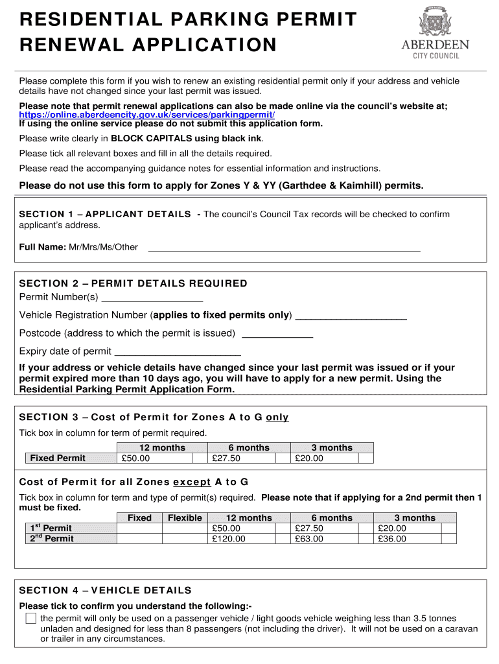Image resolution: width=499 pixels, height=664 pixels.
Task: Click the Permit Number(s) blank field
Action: pyautogui.click(x=152, y=298)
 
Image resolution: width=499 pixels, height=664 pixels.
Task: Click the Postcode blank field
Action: pyautogui.click(x=277, y=334)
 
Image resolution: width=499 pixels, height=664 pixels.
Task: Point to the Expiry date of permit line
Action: pyautogui.click(x=178, y=352)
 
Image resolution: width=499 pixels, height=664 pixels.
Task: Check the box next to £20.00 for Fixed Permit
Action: pyautogui.click(x=366, y=458)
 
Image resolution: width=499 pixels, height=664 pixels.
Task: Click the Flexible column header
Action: pyautogui.click(x=185, y=518)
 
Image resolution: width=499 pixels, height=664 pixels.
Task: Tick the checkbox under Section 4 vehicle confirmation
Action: pyautogui.click(x=30, y=618)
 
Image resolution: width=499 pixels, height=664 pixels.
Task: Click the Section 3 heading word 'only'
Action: pyautogui.click(x=277, y=418)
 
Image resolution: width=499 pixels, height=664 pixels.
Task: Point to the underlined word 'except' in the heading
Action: pyautogui.click(x=192, y=482)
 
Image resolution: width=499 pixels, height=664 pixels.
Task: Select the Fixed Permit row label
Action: pyautogui.click(x=58, y=458)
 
